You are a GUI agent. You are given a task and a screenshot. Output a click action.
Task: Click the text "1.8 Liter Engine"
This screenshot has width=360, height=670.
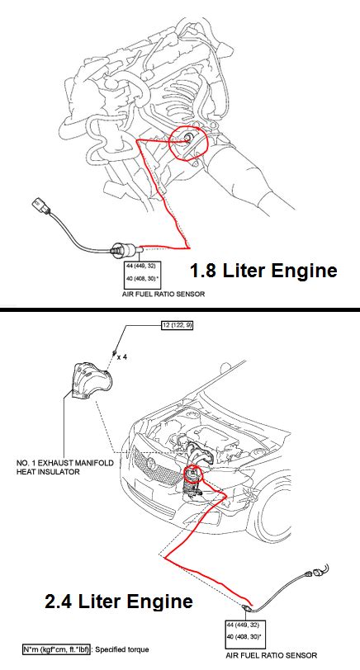click(x=263, y=270)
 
